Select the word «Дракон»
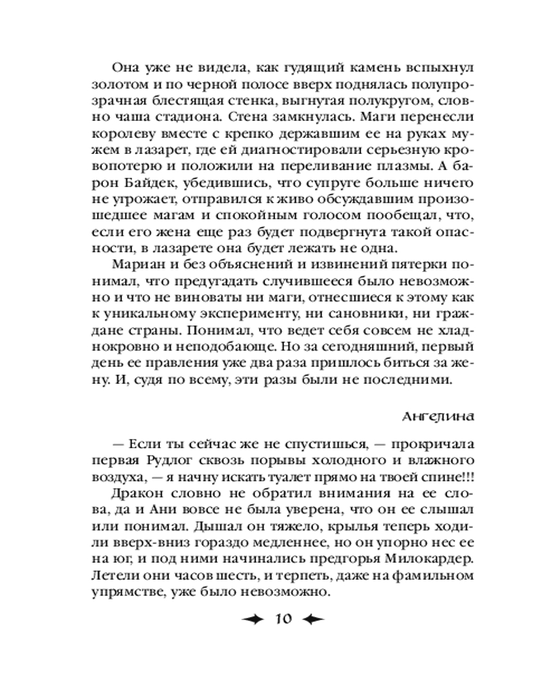(133, 496)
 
